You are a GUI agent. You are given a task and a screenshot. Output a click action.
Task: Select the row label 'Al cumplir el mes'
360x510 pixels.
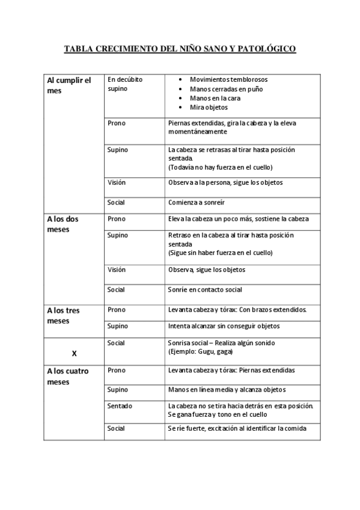tap(69, 85)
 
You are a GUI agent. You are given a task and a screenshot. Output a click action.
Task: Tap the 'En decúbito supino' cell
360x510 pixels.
tap(125, 84)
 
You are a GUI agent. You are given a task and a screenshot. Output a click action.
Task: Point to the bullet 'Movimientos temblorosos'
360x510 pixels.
tap(228, 79)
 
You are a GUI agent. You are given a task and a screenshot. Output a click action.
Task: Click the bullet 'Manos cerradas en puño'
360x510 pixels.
tap(226, 88)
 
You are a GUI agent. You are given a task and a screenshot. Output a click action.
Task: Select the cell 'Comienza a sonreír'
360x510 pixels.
tap(197, 202)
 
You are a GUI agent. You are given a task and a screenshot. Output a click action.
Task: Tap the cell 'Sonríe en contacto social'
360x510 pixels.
tap(205, 289)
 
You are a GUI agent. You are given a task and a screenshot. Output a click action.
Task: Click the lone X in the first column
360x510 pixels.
tap(74, 354)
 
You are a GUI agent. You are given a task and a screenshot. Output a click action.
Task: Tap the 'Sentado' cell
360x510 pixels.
tap(120, 406)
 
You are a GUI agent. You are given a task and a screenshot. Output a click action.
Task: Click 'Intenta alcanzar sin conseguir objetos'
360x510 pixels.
tap(224, 326)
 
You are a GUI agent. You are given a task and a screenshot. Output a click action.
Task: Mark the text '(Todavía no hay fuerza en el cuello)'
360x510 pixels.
tap(220, 167)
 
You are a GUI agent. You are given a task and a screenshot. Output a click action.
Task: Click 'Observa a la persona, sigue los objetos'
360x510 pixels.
tap(225, 182)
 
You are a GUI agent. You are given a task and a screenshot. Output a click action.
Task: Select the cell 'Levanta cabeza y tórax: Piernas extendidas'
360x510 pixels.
tap(231, 370)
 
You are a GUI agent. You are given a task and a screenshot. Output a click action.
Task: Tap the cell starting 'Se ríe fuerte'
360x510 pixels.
tap(237, 428)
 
